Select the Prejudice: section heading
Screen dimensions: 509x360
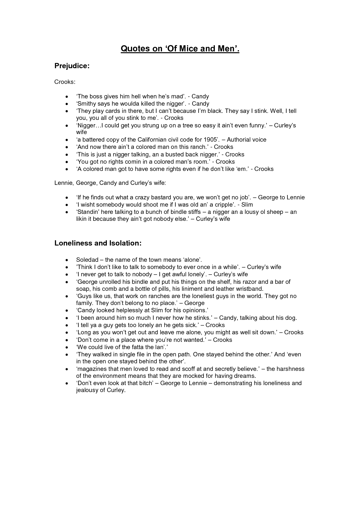pyautogui.click(x=72, y=66)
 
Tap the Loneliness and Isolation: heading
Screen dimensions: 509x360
pyautogui.click(x=98, y=243)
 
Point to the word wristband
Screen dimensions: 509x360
pyautogui.click(x=250, y=289)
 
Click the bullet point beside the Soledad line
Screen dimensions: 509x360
pyautogui.click(x=67, y=260)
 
